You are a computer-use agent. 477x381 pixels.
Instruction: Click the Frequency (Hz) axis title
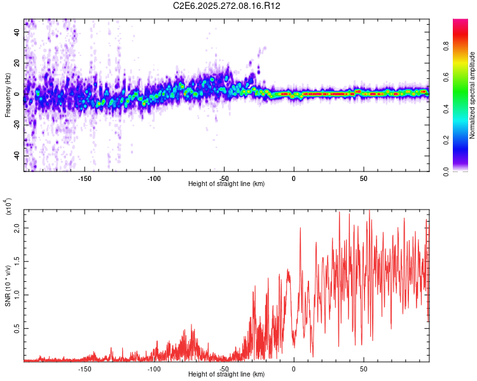[8, 95]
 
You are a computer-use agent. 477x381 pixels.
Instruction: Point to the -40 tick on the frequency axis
[15, 156]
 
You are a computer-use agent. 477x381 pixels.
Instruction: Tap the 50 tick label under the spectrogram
[364, 178]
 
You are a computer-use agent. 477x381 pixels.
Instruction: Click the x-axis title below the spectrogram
[226, 184]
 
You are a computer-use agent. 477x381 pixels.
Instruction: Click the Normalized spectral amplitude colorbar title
[473, 95]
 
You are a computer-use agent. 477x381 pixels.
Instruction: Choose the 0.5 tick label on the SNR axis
[17, 328]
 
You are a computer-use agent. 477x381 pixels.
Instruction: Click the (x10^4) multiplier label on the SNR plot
[9, 207]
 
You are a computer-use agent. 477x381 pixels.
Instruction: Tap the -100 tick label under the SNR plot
[154, 369]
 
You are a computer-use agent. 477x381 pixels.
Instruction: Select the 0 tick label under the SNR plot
[294, 369]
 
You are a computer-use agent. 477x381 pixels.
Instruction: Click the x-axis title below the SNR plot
[226, 375]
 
